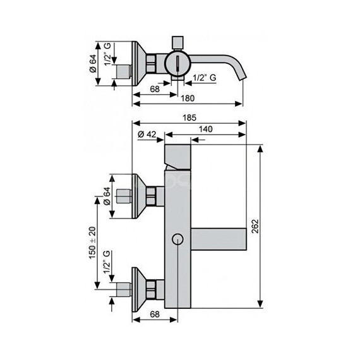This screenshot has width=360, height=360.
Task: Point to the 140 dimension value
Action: [205, 129]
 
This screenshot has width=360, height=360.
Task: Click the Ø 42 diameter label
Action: [147, 134]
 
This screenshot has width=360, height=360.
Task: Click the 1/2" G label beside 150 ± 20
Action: [107, 262]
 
